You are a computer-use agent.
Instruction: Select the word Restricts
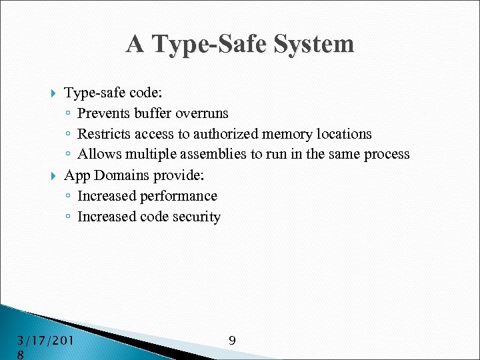tap(103, 134)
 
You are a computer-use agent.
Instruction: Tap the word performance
tap(179, 196)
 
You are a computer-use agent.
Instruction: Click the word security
tap(197, 217)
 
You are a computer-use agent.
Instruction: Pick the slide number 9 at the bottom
tap(232, 341)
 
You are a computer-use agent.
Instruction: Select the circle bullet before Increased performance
tap(69, 197)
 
